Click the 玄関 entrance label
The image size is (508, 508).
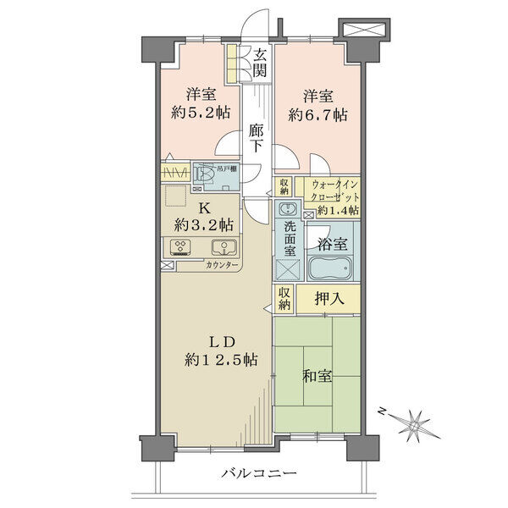tap(260, 63)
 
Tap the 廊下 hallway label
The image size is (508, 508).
tap(257, 138)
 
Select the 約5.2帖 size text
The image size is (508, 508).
tap(201, 113)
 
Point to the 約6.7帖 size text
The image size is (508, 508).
tap(317, 114)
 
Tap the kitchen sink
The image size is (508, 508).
tap(224, 247)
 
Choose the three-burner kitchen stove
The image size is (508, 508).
tap(180, 247)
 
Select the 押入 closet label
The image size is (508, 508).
tap(329, 298)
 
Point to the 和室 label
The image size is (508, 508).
tap(317, 376)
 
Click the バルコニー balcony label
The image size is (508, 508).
tap(259, 473)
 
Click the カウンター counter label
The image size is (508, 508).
tap(222, 265)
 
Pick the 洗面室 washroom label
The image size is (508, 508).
tap(290, 239)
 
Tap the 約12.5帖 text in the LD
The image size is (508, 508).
tap(221, 360)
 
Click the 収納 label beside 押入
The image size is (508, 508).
tap(284, 298)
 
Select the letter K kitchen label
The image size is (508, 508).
tap(204, 208)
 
